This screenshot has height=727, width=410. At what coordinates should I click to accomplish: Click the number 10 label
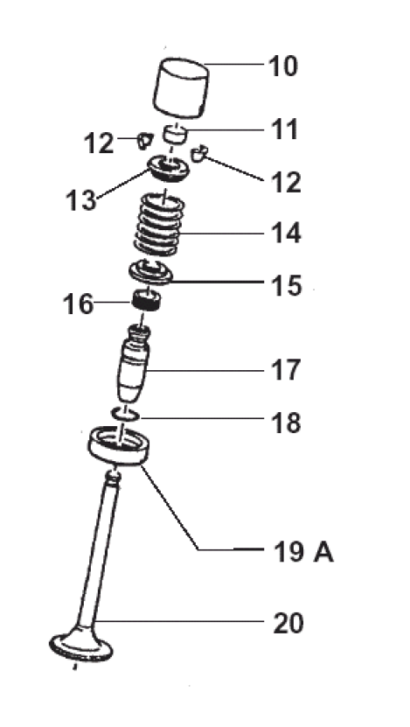pyautogui.click(x=283, y=66)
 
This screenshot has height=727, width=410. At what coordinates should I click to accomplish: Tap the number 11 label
pyautogui.click(x=283, y=129)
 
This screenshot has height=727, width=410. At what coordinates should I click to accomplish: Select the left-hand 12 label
pyautogui.click(x=98, y=143)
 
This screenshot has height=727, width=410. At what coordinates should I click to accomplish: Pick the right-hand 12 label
pyautogui.click(x=287, y=182)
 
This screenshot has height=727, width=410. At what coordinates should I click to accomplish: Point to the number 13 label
pyautogui.click(x=80, y=200)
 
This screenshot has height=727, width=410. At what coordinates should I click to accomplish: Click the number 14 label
pyautogui.click(x=287, y=233)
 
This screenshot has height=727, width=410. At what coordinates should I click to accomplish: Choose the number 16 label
pyautogui.click(x=78, y=304)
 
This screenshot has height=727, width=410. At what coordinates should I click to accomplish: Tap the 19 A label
pyautogui.click(x=303, y=552)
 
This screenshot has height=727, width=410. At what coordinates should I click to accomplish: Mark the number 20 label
pyautogui.click(x=288, y=624)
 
